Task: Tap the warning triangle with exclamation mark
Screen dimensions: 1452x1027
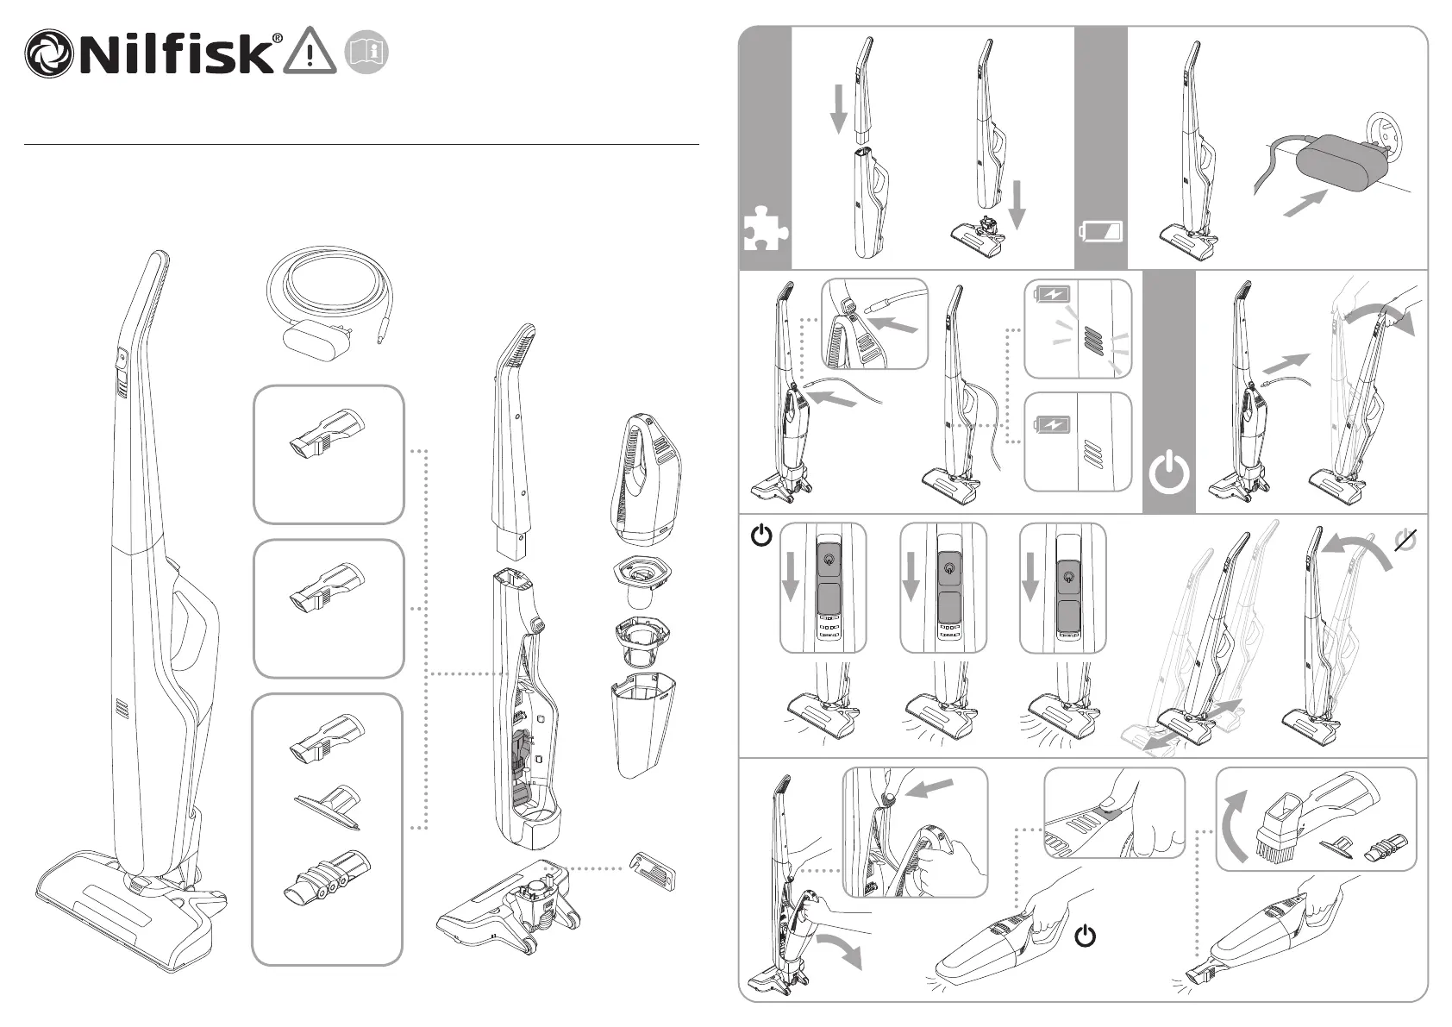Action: pos(310,51)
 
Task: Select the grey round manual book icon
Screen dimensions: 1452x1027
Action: pos(367,52)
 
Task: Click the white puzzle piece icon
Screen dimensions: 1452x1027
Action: pos(766,229)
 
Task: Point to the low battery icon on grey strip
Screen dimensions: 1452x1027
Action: pos(1101,231)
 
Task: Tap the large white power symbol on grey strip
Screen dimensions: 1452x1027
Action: pos(1168,473)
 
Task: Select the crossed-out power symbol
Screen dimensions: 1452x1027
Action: pos(1405,540)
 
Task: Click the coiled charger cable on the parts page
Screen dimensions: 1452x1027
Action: pos(329,304)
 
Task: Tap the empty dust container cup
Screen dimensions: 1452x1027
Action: pos(642,725)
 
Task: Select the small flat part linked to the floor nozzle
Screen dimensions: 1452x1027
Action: pos(653,872)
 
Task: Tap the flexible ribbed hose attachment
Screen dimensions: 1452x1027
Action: pos(328,877)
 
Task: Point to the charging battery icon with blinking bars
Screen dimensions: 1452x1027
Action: pos(1053,295)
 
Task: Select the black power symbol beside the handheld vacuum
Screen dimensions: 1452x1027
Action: pos(1085,936)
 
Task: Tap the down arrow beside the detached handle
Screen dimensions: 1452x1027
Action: pos(839,109)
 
